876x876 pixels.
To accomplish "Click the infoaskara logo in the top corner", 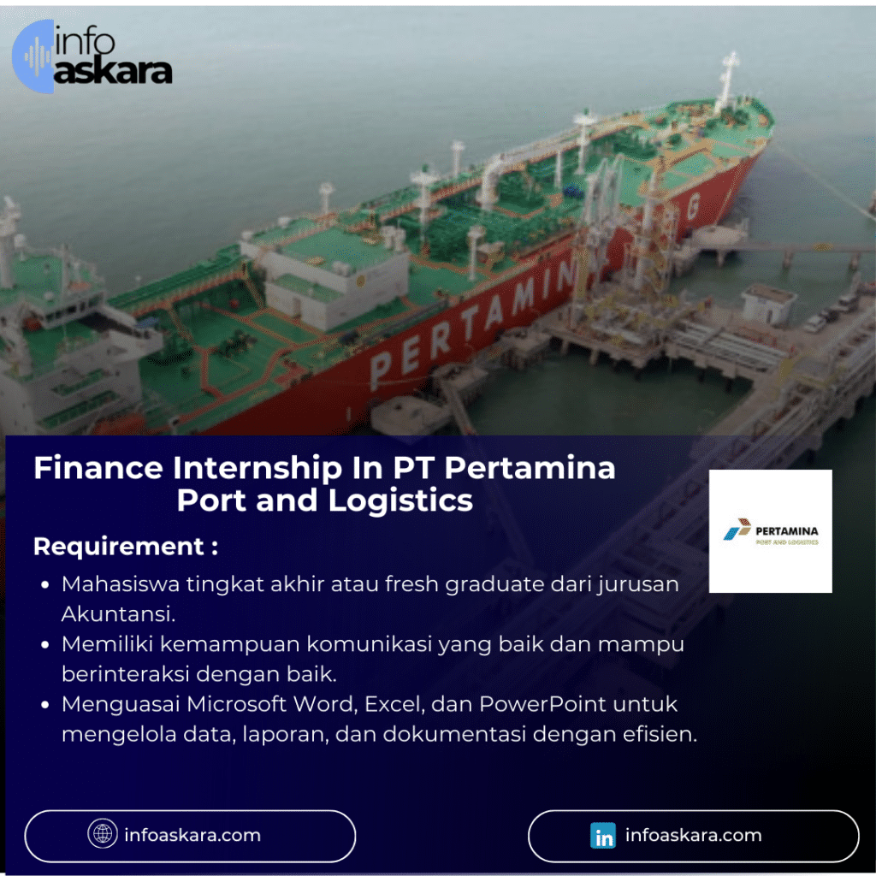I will [x=92, y=57].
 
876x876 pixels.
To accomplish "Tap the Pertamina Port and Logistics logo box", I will [x=770, y=530].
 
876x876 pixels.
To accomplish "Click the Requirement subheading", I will [x=125, y=546].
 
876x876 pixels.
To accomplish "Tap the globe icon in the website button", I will [x=103, y=834].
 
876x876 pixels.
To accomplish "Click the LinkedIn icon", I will [x=603, y=836].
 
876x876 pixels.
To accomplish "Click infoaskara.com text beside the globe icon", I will [x=192, y=835].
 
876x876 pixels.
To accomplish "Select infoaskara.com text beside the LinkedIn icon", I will [x=693, y=835].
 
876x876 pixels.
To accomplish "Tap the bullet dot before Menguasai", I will [x=44, y=705].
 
